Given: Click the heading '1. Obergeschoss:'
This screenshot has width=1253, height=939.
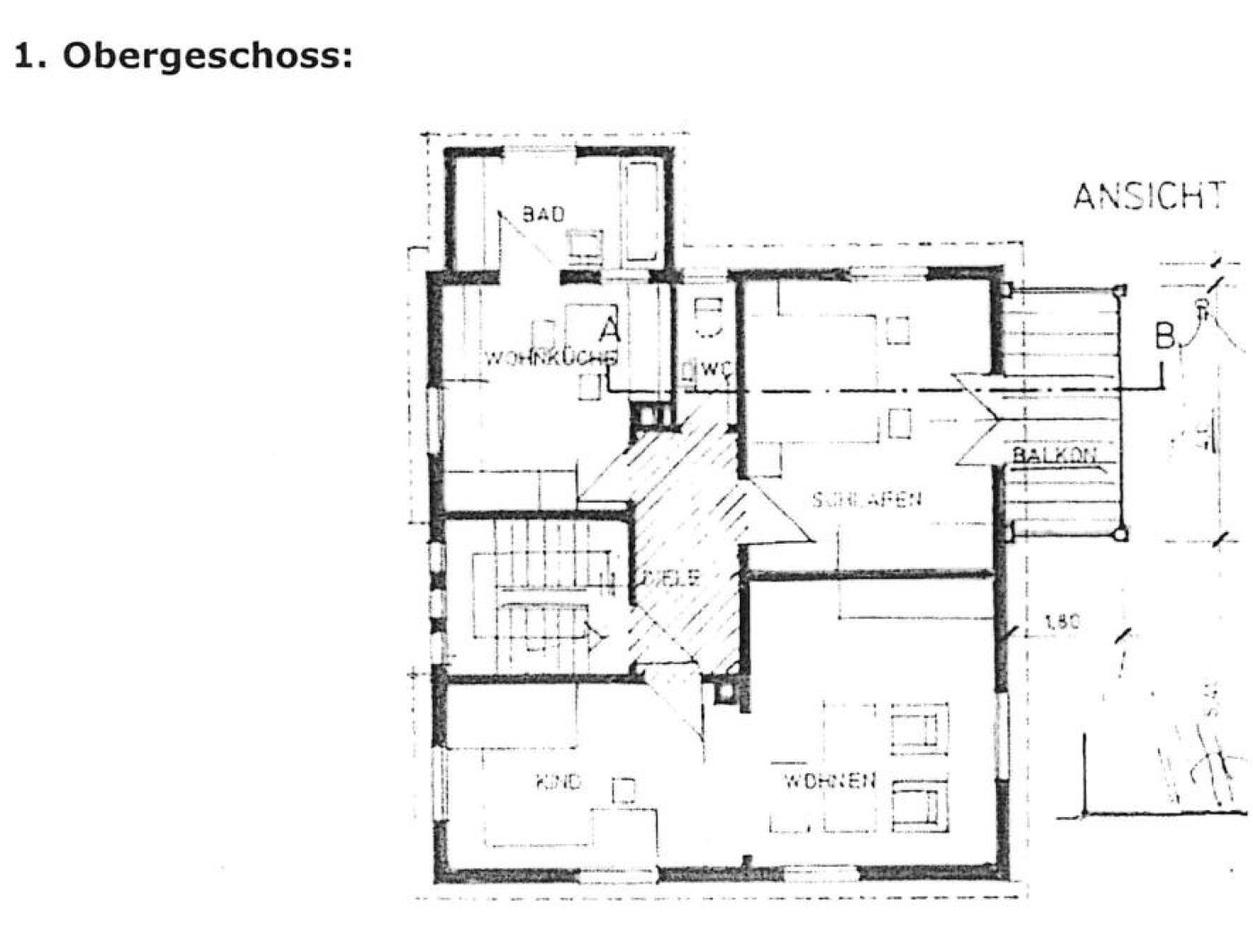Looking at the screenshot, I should (184, 56).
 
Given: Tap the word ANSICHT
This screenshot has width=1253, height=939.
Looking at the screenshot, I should (1148, 196).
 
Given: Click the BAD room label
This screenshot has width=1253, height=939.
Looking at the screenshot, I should (544, 214).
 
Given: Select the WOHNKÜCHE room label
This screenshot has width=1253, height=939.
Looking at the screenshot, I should (550, 358).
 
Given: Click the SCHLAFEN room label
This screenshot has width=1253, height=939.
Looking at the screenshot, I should (866, 499).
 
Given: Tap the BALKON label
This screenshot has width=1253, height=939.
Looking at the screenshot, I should (1054, 455).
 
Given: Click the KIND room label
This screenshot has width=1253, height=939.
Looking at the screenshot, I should (559, 781).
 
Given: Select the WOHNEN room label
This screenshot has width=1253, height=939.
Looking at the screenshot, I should (829, 780).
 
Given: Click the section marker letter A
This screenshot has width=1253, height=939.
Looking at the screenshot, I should (611, 330).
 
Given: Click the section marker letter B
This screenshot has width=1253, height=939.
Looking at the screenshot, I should (1165, 337).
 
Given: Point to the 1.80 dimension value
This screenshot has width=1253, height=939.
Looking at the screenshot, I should (1062, 621).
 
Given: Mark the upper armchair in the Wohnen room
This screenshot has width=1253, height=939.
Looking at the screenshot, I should (919, 727).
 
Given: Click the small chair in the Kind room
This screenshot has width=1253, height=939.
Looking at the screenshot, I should (623, 789).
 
